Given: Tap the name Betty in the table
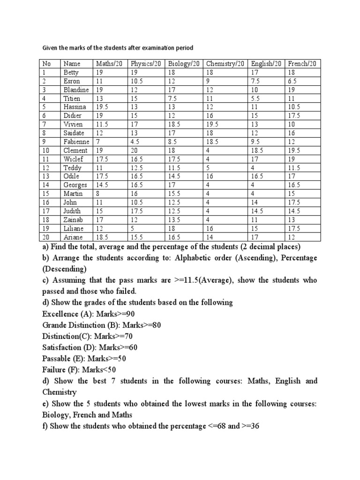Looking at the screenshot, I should point(71,73).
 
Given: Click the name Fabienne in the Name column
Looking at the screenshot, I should point(75,142).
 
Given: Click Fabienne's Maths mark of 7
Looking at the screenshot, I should point(98,142).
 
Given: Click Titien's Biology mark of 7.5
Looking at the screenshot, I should point(173,98).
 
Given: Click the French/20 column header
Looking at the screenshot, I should point(302,64).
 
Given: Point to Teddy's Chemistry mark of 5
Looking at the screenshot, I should point(208,168).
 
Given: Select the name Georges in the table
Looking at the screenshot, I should point(75,185).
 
